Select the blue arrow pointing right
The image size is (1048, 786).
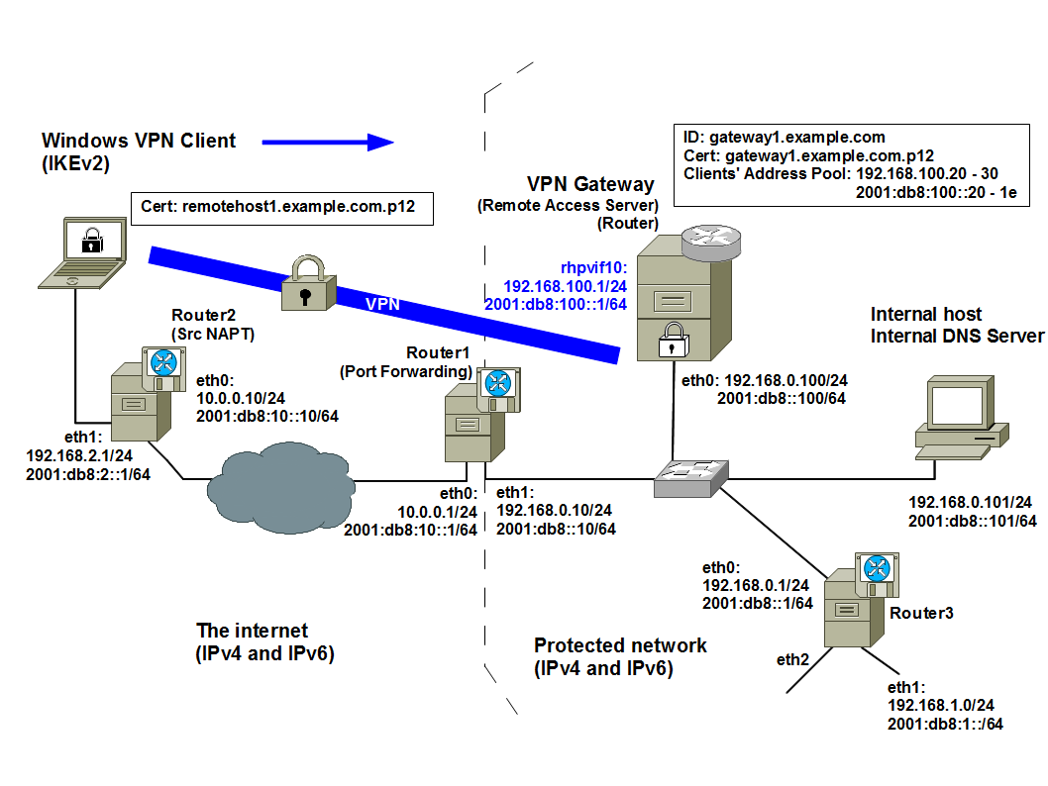[328, 143]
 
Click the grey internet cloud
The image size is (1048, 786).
[279, 486]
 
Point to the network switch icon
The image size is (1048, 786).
[691, 478]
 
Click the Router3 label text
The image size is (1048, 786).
[921, 614]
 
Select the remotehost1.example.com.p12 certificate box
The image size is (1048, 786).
[281, 208]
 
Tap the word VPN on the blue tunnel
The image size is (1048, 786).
[382, 304]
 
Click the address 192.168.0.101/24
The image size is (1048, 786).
[971, 503]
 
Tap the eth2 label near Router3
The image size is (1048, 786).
[793, 659]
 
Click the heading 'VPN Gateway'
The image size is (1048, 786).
[590, 184]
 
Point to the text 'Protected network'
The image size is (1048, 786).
[620, 645]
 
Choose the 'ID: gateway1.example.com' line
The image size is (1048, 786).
[785, 138]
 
